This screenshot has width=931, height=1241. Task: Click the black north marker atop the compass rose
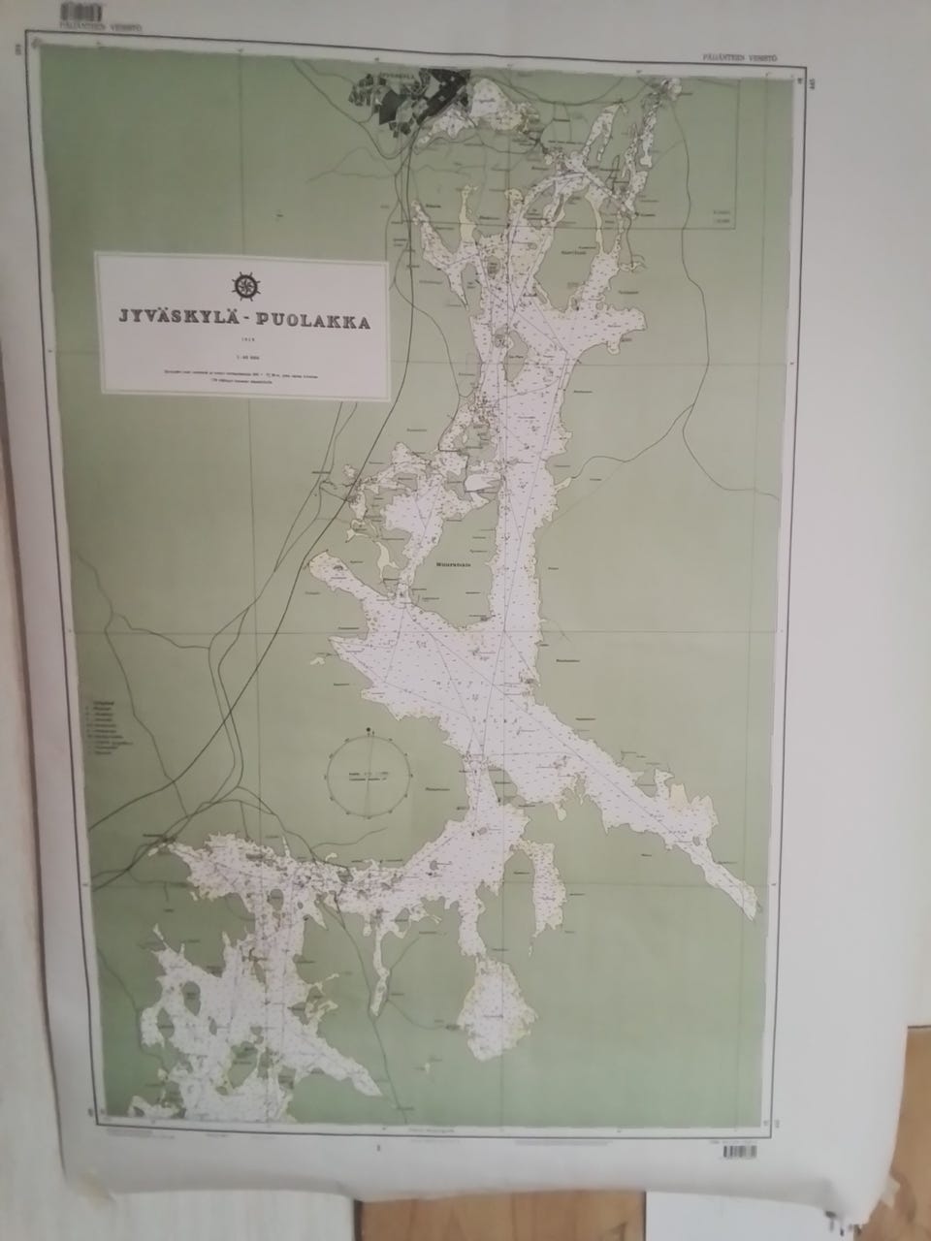pos(369,729)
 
